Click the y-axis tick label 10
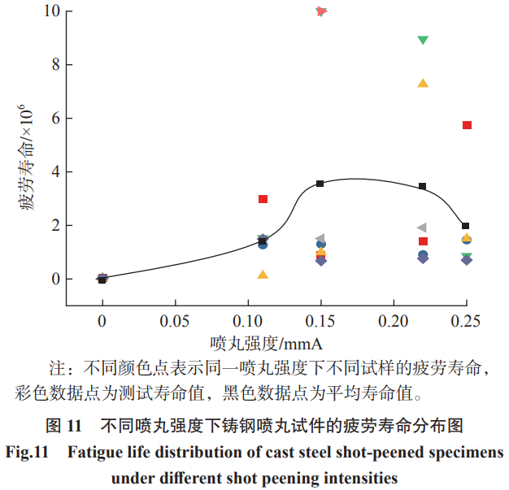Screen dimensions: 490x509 tap(51, 11)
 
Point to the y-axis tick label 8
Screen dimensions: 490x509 tap(54, 65)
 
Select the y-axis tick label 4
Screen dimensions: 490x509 tap(54, 171)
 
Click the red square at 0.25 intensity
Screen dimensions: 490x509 tap(467, 125)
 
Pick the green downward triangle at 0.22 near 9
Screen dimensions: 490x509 tap(423, 40)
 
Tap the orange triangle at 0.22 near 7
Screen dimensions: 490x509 tap(423, 83)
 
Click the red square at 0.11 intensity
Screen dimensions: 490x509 tap(263, 199)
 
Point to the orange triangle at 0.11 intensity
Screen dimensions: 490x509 tap(263, 275)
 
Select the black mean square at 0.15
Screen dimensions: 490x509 tap(320, 184)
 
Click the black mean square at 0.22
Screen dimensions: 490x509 tap(423, 186)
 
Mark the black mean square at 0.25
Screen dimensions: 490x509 tap(466, 226)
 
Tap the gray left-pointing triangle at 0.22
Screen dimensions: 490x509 tap(421, 228)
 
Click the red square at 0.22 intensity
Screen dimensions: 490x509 tap(423, 241)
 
